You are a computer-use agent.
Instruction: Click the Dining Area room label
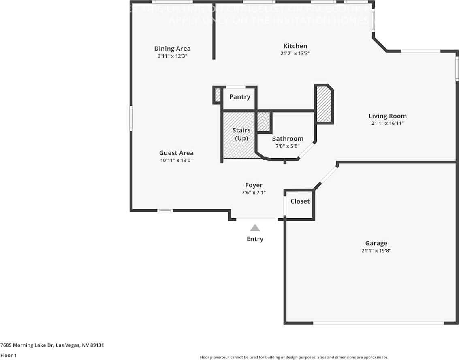click(x=172, y=49)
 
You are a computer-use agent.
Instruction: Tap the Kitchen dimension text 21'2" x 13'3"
click(x=295, y=54)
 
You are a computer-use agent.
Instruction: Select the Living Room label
click(x=387, y=116)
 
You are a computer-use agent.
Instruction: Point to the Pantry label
click(x=239, y=97)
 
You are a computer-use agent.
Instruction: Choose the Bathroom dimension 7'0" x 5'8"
click(x=287, y=146)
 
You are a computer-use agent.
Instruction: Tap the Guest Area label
click(x=176, y=153)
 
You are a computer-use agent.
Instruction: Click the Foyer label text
click(x=254, y=185)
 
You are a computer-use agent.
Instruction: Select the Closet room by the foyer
click(x=300, y=201)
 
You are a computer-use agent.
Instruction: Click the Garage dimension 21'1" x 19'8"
click(x=376, y=251)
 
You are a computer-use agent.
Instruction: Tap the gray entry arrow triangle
click(x=255, y=228)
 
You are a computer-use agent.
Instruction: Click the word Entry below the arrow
click(x=255, y=239)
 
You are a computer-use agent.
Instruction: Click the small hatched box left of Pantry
click(x=218, y=95)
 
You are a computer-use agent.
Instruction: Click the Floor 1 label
click(x=8, y=355)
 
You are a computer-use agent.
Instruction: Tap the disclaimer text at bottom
click(x=294, y=357)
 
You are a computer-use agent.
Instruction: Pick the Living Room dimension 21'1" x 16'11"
click(x=387, y=123)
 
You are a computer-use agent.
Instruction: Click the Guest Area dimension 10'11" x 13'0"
click(x=176, y=160)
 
